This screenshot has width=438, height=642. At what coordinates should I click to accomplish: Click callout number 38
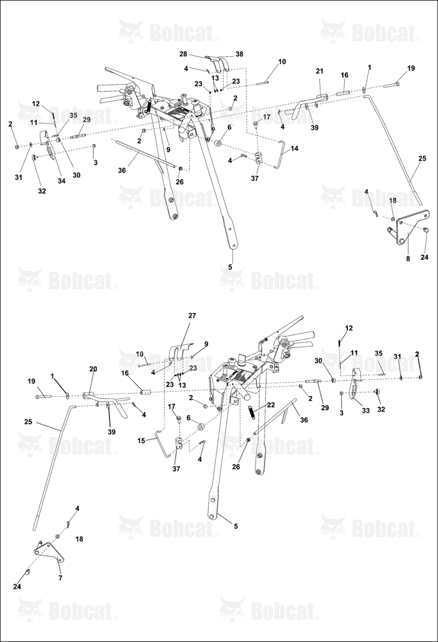240,54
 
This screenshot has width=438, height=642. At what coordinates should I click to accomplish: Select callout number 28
183,54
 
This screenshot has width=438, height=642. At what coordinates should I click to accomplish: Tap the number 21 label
320,71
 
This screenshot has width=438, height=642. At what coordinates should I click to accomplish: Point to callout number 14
294,148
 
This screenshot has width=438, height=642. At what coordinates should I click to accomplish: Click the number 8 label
408,259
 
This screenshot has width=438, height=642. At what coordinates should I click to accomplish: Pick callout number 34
62,182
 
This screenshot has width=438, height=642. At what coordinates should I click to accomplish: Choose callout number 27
192,316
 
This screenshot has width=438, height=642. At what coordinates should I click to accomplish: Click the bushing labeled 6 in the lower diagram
201,427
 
